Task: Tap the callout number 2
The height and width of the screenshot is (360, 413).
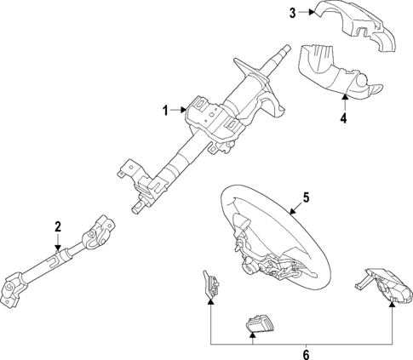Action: pos(58,226)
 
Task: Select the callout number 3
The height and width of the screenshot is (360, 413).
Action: pos(292,13)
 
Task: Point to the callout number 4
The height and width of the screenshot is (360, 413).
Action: pos(343,118)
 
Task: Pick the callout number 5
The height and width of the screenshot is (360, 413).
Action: pos(306,198)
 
